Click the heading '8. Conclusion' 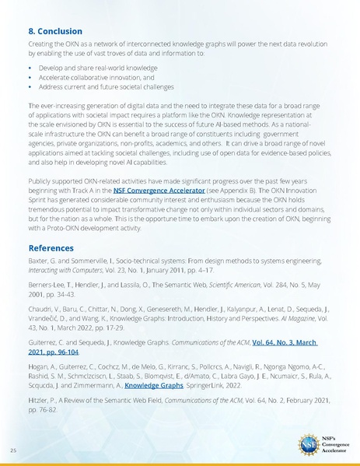tap(54, 32)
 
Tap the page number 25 tap(14, 450)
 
